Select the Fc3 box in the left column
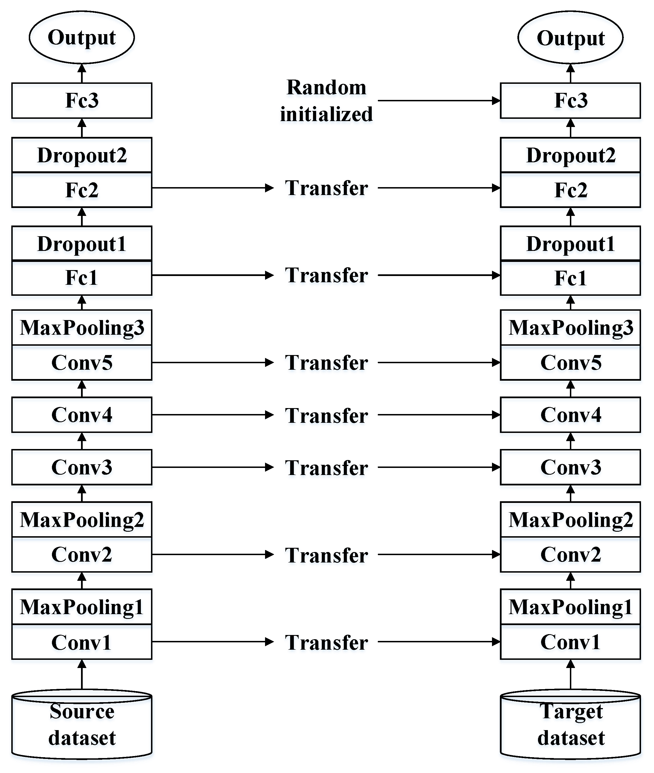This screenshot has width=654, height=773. (82, 100)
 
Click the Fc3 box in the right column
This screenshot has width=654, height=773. (570, 100)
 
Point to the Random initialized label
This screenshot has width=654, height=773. (326, 100)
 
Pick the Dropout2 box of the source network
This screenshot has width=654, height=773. (82, 155)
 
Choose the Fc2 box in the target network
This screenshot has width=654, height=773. (570, 190)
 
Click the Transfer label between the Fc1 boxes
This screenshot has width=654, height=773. (326, 275)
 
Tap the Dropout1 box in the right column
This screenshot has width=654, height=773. (570, 244)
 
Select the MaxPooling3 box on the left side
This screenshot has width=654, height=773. (82, 328)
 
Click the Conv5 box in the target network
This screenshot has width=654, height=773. (570, 363)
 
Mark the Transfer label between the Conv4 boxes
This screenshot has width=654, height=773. (326, 415)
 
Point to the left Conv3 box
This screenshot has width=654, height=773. (82, 467)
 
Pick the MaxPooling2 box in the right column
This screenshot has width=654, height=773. (570, 519)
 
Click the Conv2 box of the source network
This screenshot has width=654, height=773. (82, 555)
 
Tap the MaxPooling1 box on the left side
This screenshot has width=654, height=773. (82, 607)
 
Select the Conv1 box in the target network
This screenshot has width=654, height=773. (570, 642)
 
